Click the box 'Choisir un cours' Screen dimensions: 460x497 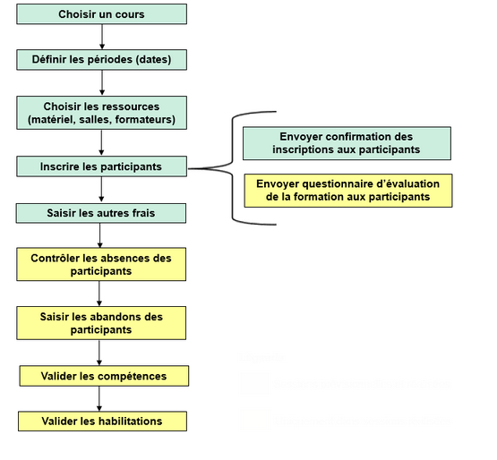101,14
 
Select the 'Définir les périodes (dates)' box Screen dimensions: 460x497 101,60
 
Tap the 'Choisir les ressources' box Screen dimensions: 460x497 101,113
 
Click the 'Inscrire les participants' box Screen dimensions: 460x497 101,166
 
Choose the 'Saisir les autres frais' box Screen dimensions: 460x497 101,213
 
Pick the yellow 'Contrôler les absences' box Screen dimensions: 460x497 101,264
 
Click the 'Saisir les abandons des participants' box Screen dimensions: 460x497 101,322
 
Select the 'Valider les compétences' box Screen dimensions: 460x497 104,376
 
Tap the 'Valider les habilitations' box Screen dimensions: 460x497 104,421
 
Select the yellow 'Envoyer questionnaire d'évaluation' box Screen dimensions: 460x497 347,190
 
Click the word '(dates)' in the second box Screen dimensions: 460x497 163,60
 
